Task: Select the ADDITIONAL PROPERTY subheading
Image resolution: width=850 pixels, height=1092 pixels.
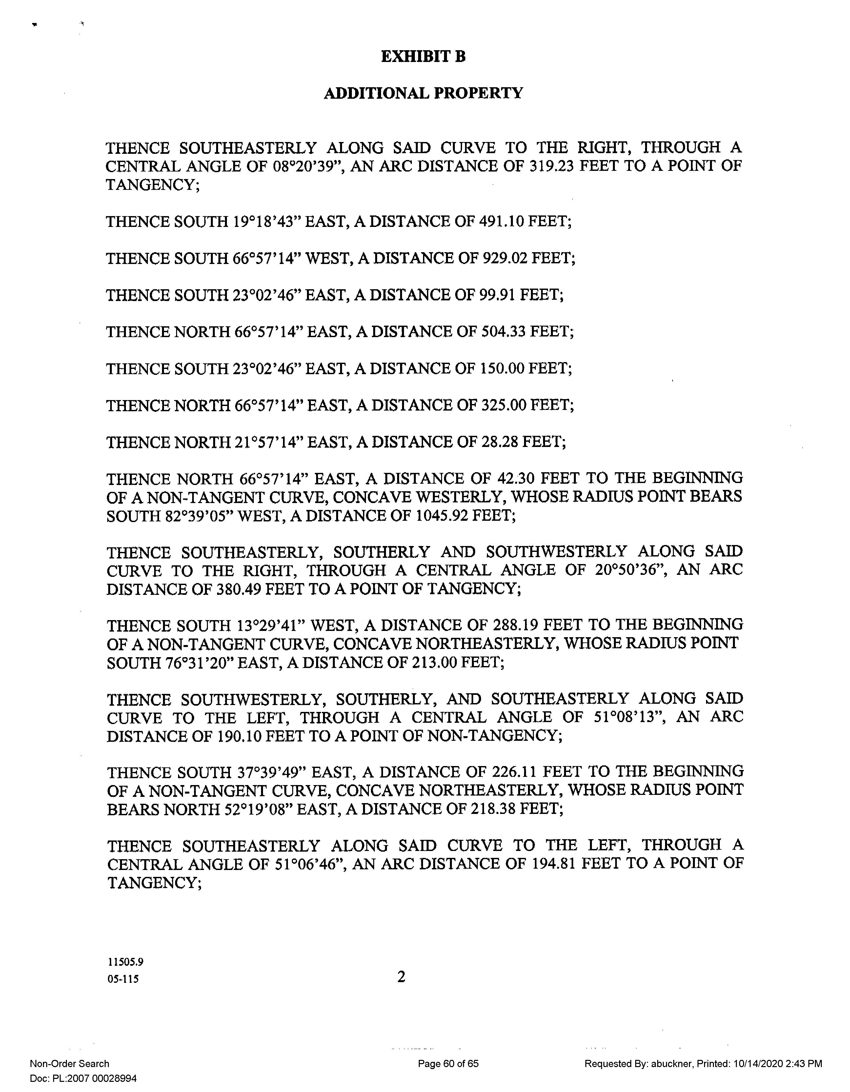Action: coord(423,93)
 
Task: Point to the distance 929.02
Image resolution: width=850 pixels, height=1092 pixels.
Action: coord(504,258)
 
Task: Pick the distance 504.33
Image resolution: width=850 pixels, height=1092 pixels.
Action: coord(503,332)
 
